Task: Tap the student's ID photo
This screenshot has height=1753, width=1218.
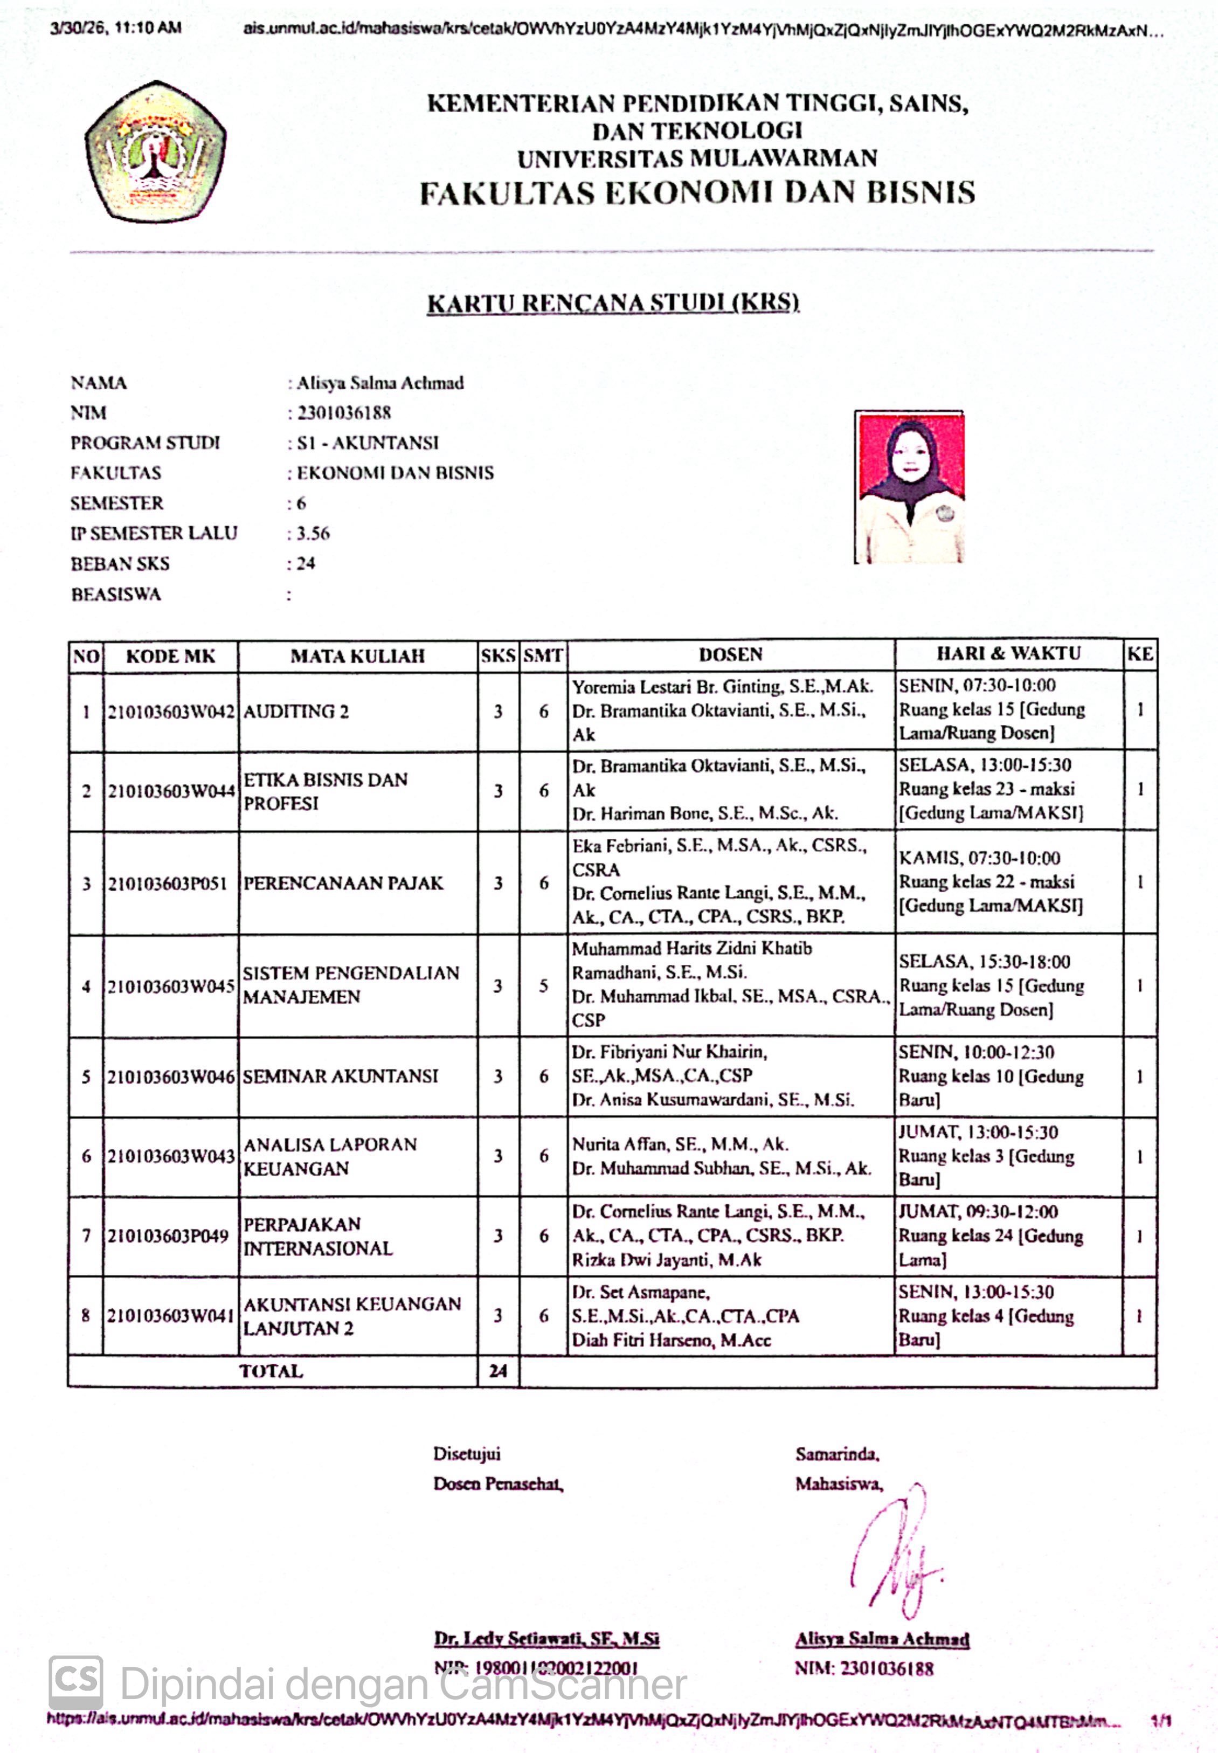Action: coord(909,487)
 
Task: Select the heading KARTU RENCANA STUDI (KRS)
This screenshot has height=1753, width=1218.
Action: coord(613,303)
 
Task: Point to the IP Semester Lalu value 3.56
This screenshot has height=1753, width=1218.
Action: coord(313,534)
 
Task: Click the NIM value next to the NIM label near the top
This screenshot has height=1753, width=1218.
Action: coord(343,413)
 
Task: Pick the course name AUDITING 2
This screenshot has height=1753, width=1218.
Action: coord(296,711)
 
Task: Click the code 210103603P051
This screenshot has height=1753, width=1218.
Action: coord(168,883)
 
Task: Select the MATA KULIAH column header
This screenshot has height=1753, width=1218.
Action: coord(357,655)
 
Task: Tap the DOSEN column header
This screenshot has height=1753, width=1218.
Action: coord(730,654)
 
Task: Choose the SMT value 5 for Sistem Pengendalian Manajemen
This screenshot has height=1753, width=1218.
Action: coord(543,985)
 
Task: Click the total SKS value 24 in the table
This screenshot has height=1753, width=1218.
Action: coord(497,1371)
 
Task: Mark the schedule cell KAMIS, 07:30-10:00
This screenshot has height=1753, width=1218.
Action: coord(979,858)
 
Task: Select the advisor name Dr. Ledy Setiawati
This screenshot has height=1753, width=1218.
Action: coord(546,1639)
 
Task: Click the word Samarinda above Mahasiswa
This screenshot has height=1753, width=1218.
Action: coord(836,1454)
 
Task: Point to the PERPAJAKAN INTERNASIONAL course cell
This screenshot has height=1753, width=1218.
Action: coord(317,1237)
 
